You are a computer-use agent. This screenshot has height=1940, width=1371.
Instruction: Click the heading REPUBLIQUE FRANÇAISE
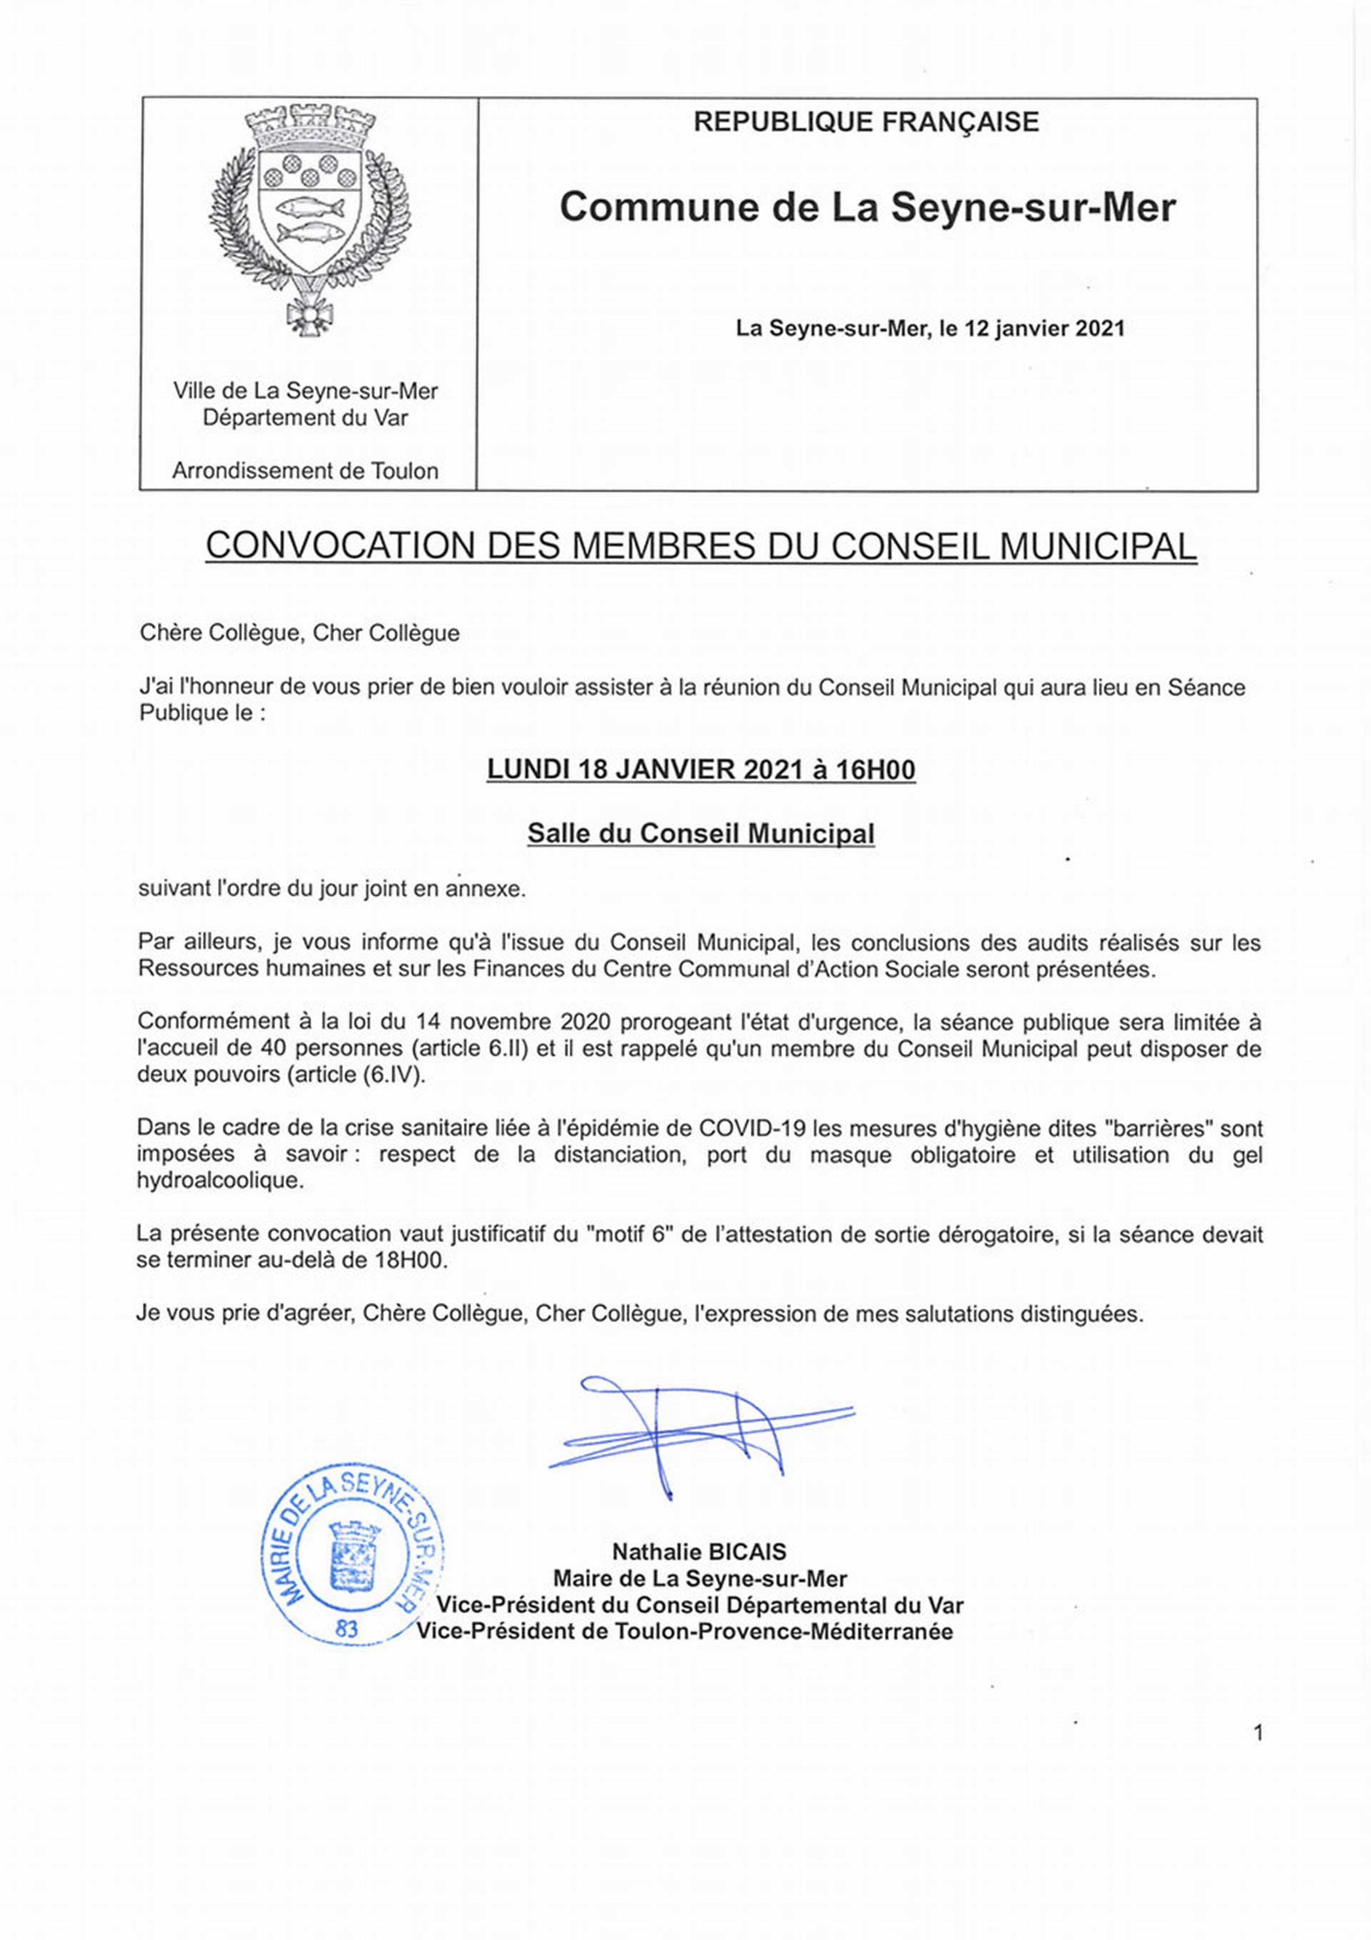866,123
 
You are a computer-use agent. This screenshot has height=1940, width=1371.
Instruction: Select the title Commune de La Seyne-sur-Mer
867,208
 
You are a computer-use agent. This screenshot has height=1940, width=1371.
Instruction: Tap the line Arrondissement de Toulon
305,471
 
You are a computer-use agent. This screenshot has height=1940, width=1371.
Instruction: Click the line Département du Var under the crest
305,417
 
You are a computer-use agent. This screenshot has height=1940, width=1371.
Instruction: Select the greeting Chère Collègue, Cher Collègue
299,633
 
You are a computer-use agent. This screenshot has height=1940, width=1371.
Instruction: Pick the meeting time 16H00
875,770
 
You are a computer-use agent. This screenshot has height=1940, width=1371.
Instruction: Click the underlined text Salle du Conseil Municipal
700,833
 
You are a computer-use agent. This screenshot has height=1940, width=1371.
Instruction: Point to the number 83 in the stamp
346,1629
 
